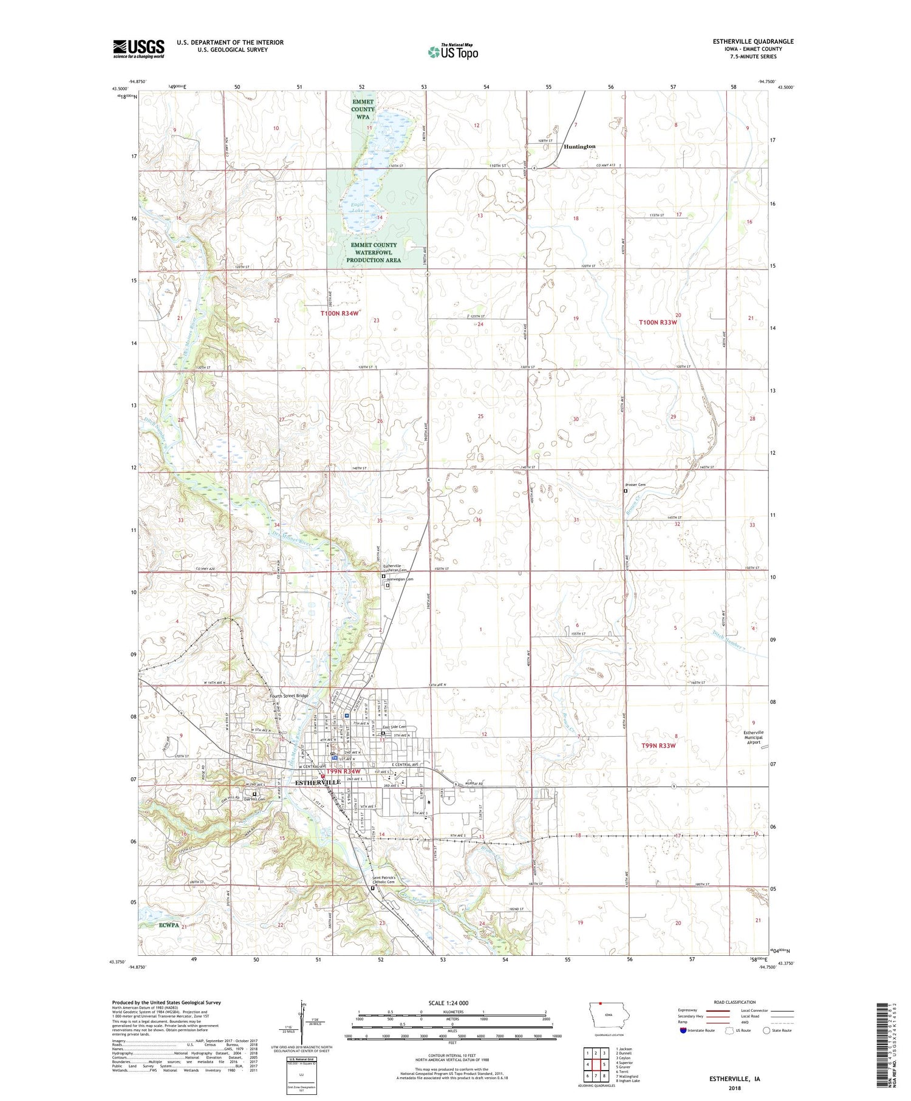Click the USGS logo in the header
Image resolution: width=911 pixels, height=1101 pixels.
[x=138, y=49]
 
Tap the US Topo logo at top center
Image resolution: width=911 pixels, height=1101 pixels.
[x=453, y=52]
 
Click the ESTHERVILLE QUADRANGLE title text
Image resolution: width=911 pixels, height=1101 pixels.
[x=753, y=41]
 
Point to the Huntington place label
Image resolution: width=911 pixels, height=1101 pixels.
[x=579, y=146]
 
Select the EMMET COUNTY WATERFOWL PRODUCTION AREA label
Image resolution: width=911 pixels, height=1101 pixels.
[x=374, y=253]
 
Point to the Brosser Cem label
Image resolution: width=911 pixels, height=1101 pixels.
[x=635, y=484]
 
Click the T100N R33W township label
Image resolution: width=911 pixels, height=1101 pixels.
[x=659, y=322]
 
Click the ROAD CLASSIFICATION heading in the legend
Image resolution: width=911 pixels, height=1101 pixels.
[x=734, y=1002]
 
